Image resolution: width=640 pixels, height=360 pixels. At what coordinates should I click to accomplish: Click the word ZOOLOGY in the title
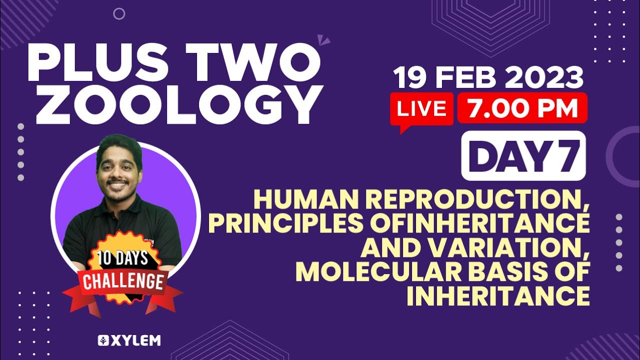click(177, 104)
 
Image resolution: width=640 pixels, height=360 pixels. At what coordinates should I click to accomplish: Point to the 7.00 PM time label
click(522, 107)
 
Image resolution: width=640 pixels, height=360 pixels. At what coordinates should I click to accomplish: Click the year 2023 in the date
click(543, 77)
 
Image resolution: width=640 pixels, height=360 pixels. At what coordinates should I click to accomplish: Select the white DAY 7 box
click(523, 155)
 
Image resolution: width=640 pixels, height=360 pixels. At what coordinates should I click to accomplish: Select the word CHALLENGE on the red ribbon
click(123, 281)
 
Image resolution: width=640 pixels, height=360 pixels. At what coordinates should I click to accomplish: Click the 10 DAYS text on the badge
click(123, 258)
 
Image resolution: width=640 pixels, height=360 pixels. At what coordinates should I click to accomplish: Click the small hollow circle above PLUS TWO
click(119, 13)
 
